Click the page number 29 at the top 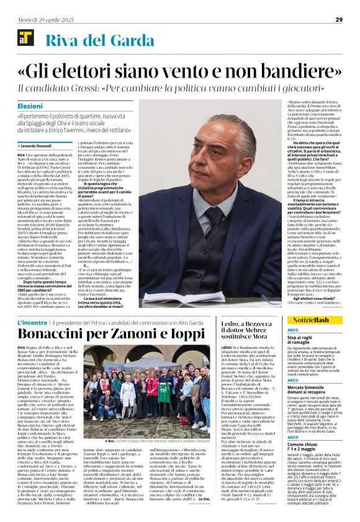pyautogui.click(x=339, y=20)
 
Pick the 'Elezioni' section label pyautogui.click(x=30, y=107)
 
